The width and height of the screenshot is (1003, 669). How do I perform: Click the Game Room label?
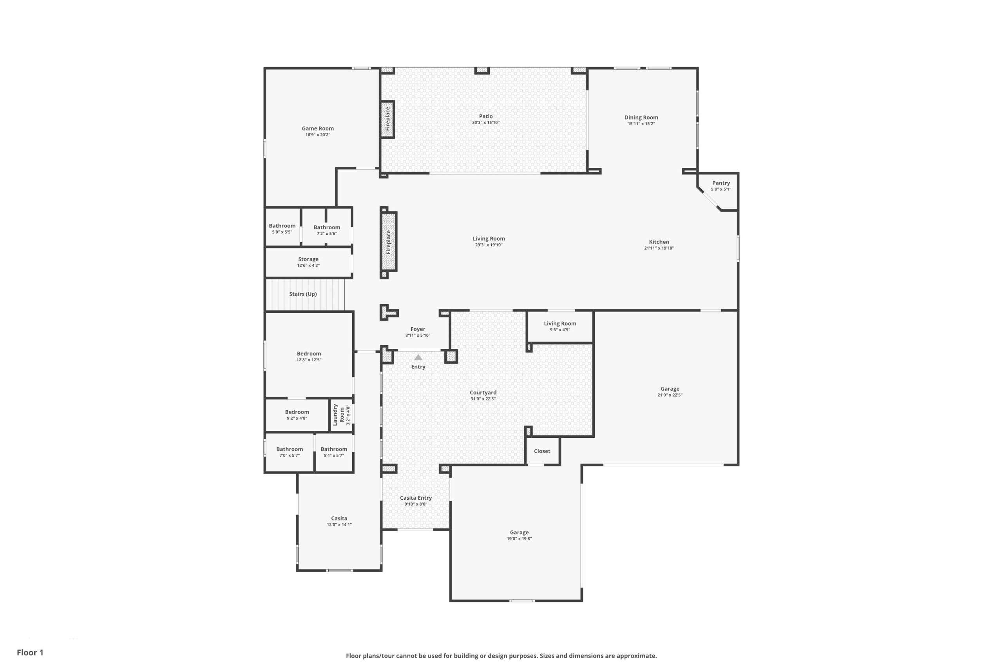[318, 129]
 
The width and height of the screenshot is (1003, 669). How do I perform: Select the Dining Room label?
[641, 117]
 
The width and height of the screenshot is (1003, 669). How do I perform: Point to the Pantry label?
[721, 183]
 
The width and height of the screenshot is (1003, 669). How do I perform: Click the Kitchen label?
[659, 242]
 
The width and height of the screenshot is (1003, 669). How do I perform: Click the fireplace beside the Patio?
[387, 120]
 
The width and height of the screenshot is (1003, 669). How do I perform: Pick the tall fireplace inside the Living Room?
[389, 242]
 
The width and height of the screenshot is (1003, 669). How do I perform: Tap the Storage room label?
[308, 259]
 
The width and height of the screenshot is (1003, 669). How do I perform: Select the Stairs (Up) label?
[303, 294]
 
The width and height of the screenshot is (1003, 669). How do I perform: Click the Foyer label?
[418, 329]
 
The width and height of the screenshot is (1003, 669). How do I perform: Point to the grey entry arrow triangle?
[418, 357]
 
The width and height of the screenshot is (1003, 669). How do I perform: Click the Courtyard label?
[483, 393]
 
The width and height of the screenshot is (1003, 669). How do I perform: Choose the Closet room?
[542, 451]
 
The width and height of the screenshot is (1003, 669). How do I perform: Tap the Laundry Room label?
[338, 415]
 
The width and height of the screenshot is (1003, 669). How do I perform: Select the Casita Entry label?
[416, 498]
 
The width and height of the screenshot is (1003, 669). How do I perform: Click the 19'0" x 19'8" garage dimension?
[519, 539]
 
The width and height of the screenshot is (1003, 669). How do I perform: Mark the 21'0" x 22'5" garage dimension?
[670, 395]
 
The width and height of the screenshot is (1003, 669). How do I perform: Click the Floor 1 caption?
[30, 653]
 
